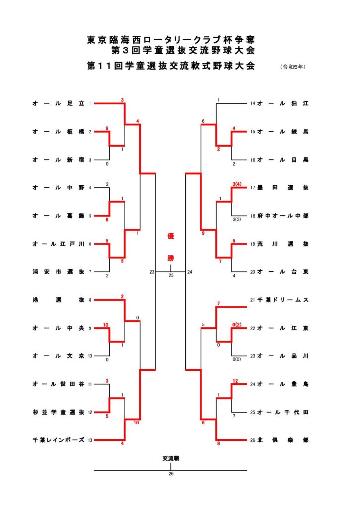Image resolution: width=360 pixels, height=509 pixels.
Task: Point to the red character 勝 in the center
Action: [171, 259]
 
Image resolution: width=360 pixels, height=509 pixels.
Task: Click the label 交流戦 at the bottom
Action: [171, 458]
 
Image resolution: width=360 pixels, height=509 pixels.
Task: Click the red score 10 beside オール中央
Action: [106, 324]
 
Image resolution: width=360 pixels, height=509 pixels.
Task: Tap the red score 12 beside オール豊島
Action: [235, 380]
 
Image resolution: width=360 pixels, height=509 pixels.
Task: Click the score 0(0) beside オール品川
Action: [237, 359]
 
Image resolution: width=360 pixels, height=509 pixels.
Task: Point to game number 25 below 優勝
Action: [171, 275]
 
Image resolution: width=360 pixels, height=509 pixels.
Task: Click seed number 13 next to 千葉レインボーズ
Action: [90, 440]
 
